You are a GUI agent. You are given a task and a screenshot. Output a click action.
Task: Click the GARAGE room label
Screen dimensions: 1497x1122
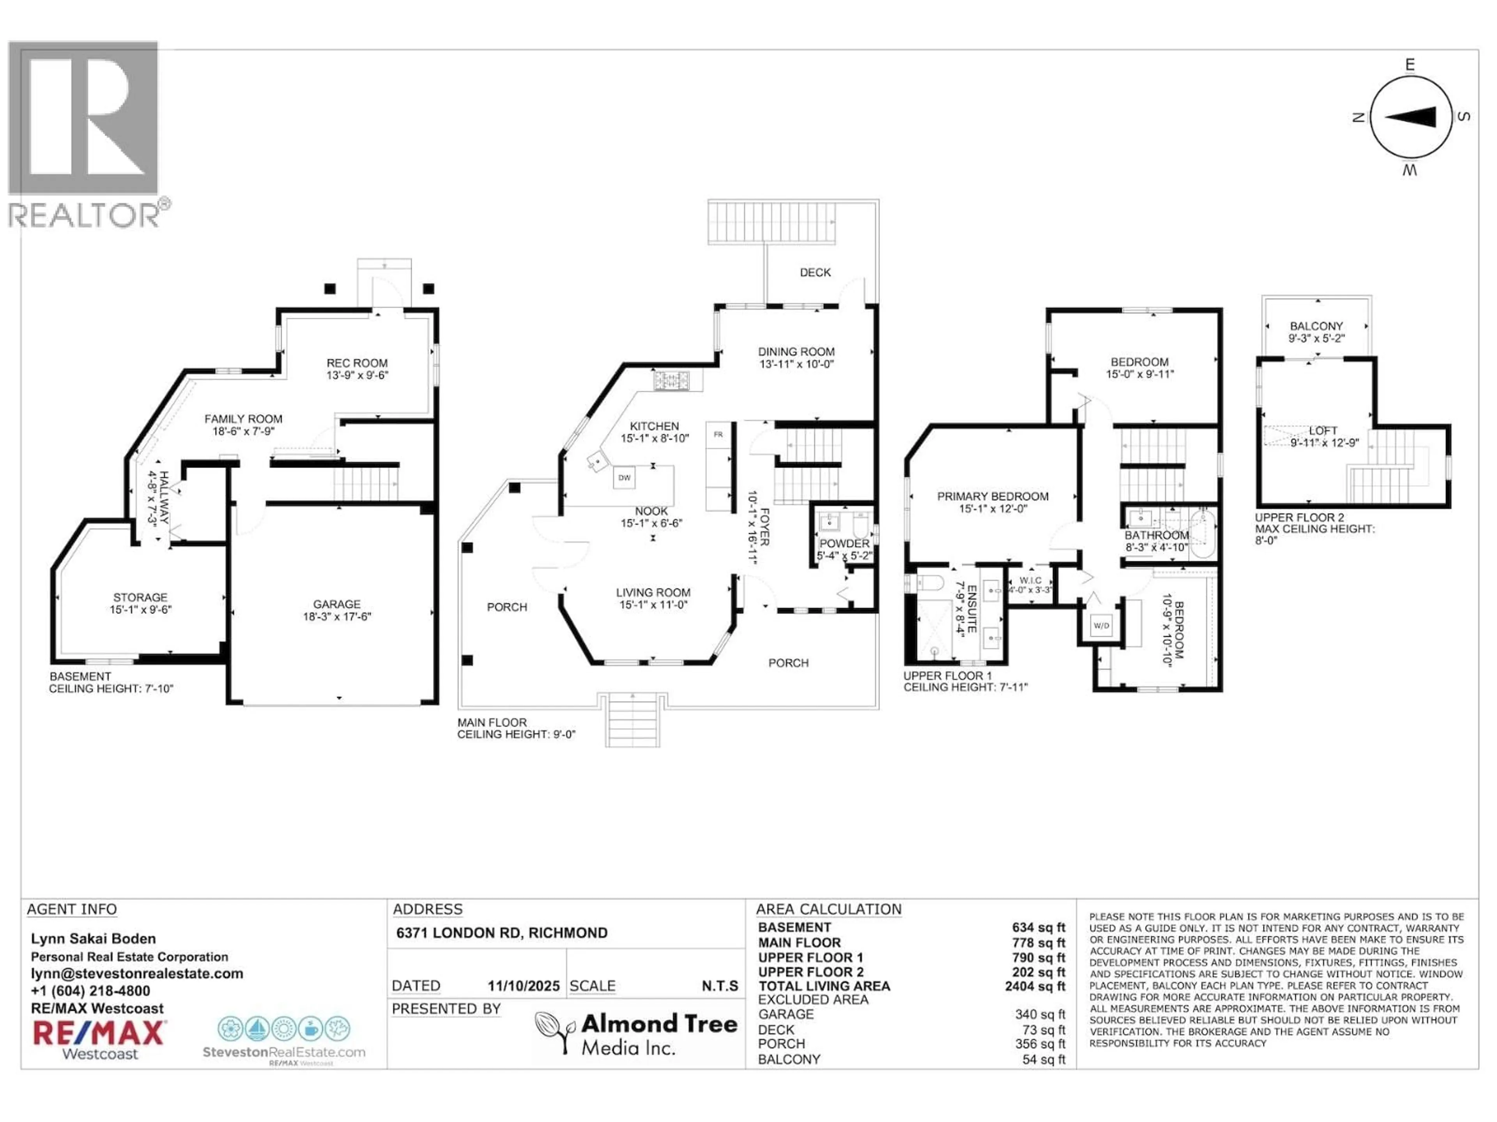pos(336,604)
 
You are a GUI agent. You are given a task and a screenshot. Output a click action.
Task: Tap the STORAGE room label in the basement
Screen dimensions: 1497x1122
pos(140,597)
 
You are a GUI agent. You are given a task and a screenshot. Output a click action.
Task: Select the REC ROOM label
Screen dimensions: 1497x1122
pos(357,363)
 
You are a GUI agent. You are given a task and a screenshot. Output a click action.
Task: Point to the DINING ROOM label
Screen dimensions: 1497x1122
pos(796,352)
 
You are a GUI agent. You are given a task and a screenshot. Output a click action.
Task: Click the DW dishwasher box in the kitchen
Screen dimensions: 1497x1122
pos(624,478)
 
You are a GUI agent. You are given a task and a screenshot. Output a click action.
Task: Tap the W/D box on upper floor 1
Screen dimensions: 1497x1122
pos(1101,626)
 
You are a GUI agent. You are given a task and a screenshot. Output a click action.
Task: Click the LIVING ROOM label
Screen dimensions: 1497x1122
pos(653,593)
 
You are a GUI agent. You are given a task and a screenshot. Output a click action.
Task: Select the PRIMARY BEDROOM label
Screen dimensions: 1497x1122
pos(993,496)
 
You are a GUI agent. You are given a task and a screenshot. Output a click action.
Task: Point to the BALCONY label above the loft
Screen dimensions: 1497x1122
pos(1316,326)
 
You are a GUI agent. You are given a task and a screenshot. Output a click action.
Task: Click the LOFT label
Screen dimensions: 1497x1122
pos(1323,431)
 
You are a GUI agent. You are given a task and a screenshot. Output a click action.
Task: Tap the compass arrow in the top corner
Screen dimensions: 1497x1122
pos(1411,117)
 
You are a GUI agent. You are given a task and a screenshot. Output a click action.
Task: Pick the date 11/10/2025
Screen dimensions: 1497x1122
pos(524,986)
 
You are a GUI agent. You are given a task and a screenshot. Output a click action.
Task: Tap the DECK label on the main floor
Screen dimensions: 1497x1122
pos(816,273)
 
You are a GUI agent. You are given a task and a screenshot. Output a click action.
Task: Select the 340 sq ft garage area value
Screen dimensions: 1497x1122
pos(1040,1014)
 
